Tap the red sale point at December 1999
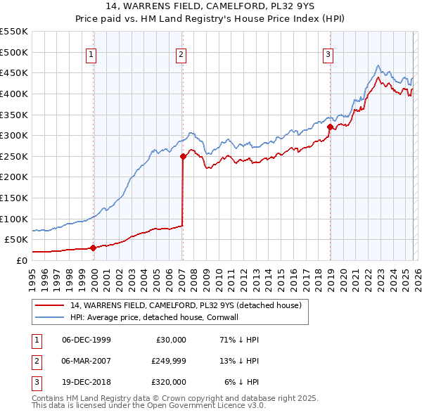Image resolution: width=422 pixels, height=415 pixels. (93, 248)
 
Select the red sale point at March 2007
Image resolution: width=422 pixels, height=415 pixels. (183, 156)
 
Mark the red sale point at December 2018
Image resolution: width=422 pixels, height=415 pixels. (329, 127)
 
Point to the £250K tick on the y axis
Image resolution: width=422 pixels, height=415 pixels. (14, 156)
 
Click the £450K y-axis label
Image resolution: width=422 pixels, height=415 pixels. (14, 73)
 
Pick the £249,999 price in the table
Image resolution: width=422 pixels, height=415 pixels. (168, 361)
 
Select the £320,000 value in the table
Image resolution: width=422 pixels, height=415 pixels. (168, 382)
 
